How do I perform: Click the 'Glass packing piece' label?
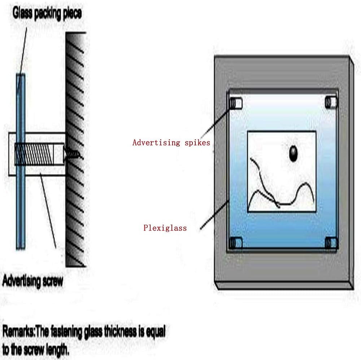[x=47, y=13]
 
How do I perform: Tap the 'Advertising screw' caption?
[x=32, y=281]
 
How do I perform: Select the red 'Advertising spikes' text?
[x=171, y=142]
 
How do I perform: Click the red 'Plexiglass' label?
[x=165, y=228]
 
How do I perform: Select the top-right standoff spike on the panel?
[x=331, y=102]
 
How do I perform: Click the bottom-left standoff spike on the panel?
[x=236, y=242]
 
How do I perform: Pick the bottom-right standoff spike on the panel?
[x=331, y=242]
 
